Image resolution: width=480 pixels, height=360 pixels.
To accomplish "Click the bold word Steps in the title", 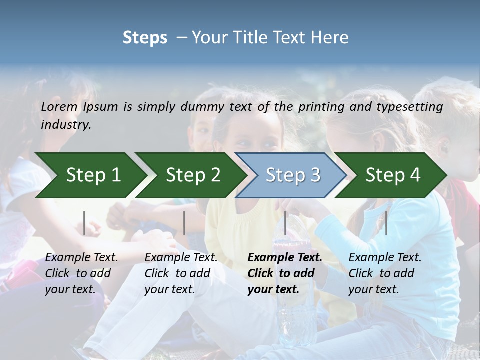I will click(x=145, y=37).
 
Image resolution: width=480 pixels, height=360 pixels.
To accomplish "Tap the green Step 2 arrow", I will click(x=192, y=175).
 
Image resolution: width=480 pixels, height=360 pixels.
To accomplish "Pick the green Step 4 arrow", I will click(x=392, y=175).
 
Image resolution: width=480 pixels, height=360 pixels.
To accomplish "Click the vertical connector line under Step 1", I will click(x=84, y=223).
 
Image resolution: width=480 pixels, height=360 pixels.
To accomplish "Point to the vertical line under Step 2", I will click(x=184, y=223).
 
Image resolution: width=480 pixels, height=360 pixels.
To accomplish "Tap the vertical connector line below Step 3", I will click(x=285, y=223).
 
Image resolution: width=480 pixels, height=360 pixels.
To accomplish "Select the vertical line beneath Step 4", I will click(x=386, y=223).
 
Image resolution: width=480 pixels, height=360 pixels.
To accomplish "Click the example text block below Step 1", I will click(x=81, y=273).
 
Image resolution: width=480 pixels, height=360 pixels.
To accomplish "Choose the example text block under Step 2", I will click(x=181, y=273).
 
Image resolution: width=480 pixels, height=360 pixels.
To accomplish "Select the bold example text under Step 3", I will click(x=284, y=273).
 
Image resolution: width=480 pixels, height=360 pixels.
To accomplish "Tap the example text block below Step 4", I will click(x=384, y=273).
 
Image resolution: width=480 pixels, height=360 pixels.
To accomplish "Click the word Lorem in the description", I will click(x=59, y=106).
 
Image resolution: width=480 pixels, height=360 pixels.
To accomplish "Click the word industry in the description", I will click(x=65, y=124).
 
